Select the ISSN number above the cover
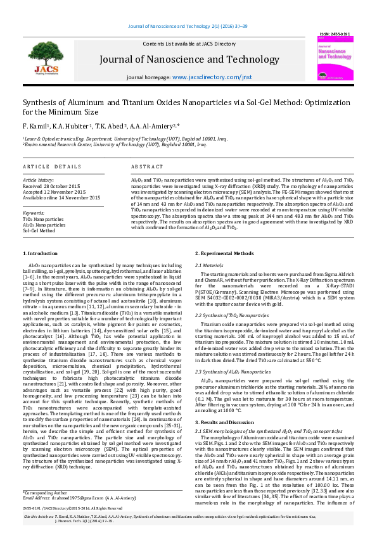point(333,33)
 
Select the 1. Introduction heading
point(41,254)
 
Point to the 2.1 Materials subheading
point(208,265)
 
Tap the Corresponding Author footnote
point(45,492)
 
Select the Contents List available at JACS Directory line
point(188,44)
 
